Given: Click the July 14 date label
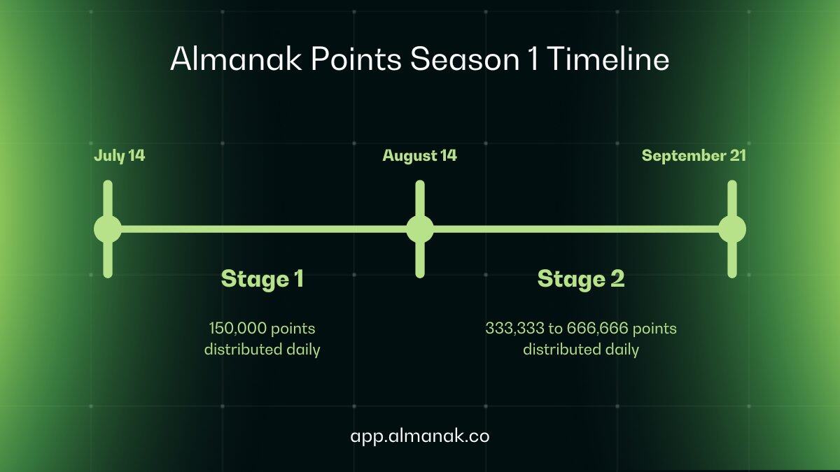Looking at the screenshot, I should (120, 155).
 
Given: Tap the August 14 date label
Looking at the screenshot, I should (419, 155).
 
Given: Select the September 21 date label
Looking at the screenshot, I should (694, 155).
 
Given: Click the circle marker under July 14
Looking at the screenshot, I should (108, 229).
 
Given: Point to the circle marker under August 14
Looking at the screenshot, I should (420, 229).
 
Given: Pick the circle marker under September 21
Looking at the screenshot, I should (732, 229).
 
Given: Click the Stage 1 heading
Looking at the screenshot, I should (262, 279).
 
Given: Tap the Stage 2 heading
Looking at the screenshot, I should (581, 279).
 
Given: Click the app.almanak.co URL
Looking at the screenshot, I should (420, 436).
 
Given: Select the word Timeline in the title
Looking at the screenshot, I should (607, 60).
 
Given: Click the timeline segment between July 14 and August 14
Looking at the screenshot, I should (264, 229).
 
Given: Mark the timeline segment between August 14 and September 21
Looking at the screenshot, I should (576, 229).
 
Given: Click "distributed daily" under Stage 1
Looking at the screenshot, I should (262, 349).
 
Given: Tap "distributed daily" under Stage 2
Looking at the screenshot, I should (581, 349).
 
